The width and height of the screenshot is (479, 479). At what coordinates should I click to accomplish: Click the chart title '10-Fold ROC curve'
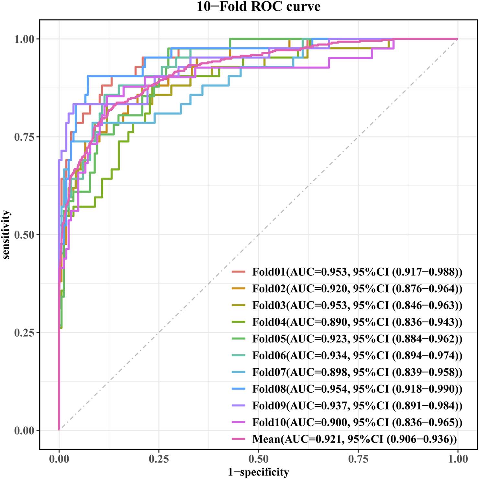tap(259, 7)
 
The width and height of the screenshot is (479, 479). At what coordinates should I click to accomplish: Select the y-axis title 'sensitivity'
tap(6, 235)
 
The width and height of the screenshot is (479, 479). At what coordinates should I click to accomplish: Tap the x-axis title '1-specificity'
tap(258, 472)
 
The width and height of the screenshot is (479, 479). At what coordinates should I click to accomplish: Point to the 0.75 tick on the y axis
tap(24, 137)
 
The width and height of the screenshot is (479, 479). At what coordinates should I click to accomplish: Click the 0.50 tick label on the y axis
tap(24, 235)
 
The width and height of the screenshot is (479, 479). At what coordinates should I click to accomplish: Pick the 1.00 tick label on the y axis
tap(24, 39)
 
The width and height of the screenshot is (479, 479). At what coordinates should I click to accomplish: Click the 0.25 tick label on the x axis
tap(159, 459)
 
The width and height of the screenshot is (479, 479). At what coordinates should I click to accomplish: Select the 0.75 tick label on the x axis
tap(358, 459)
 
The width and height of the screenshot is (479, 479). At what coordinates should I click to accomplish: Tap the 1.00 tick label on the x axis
tap(457, 459)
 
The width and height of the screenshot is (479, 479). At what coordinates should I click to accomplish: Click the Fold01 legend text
tap(357, 272)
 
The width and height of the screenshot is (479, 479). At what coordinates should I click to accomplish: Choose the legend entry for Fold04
tap(357, 322)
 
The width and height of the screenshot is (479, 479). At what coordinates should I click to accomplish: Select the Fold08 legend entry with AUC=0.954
tap(357, 389)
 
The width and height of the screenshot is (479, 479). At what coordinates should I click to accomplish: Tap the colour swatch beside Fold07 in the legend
tap(239, 372)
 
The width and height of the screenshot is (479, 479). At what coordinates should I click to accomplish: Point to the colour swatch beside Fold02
tap(239, 288)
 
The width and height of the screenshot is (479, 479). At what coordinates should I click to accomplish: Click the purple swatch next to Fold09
tap(239, 406)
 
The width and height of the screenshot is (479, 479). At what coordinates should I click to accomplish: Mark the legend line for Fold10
tap(239, 422)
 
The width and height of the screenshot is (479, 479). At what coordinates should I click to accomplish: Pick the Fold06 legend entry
tap(357, 356)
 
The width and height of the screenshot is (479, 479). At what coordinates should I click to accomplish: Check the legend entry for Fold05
tap(357, 339)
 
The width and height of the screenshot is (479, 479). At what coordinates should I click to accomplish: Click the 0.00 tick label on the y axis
tap(24, 431)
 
